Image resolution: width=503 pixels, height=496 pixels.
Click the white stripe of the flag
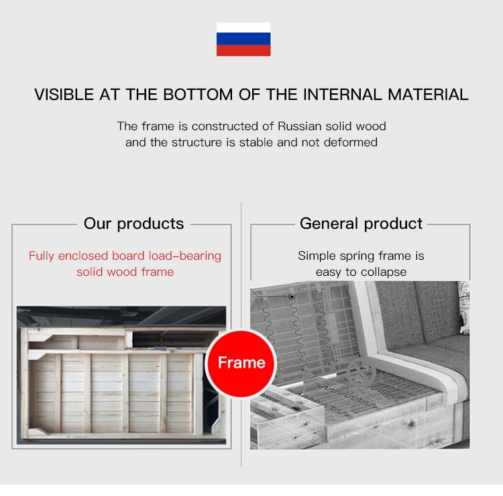[243, 27]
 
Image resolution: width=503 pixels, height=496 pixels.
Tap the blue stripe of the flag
[243, 38]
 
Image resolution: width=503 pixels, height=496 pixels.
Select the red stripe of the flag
[243, 50]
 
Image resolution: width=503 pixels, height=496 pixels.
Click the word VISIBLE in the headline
[64, 95]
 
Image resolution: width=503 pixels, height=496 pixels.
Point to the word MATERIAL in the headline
[428, 95]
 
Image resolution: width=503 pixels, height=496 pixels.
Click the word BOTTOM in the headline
[198, 95]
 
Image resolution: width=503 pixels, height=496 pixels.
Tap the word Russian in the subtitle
[299, 126]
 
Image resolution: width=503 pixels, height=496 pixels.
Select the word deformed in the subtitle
[351, 142]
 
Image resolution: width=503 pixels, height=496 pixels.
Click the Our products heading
[133, 224]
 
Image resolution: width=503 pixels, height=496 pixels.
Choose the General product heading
[361, 224]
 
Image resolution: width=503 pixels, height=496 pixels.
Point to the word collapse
[384, 272]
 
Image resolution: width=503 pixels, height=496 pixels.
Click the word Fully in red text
[42, 256]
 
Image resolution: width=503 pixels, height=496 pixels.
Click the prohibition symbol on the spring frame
[361, 373]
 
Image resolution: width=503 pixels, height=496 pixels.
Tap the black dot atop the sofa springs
[292, 297]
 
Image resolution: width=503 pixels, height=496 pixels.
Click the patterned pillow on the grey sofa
[463, 307]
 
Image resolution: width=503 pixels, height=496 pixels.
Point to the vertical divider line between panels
[241, 334]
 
